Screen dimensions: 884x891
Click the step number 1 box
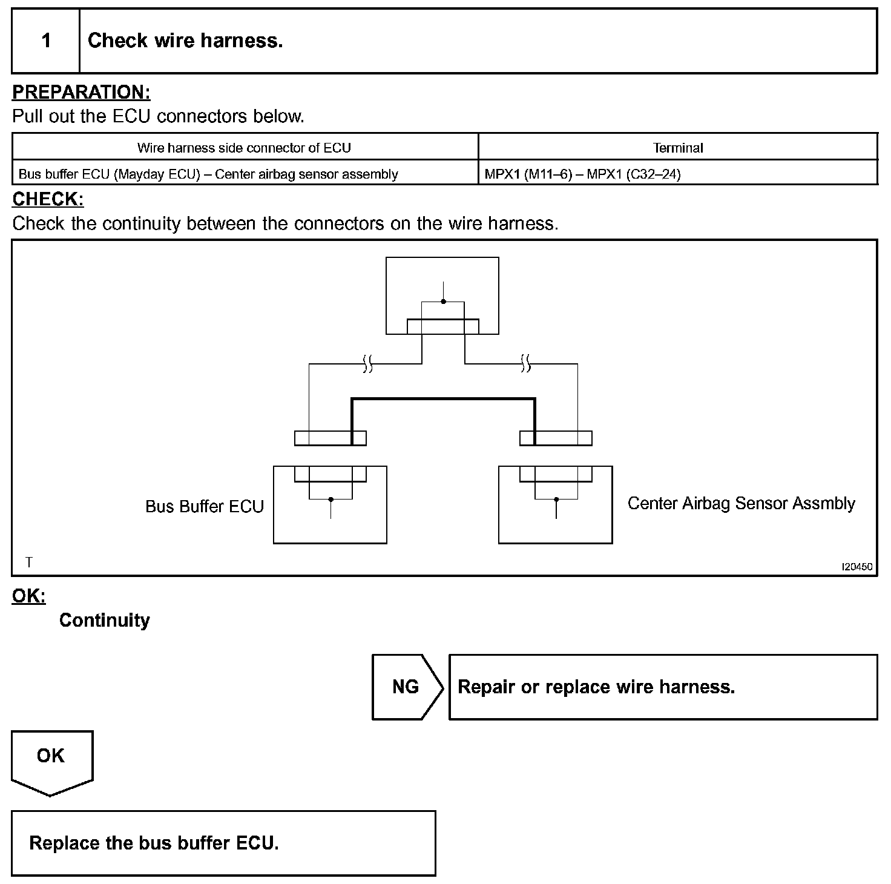pyautogui.click(x=46, y=41)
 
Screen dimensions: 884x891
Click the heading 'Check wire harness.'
pyautogui.click(x=185, y=41)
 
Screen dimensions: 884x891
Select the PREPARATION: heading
pyautogui.click(x=81, y=92)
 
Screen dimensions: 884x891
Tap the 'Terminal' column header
pyautogui.click(x=677, y=148)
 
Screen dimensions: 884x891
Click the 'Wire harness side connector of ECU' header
pyautogui.click(x=244, y=148)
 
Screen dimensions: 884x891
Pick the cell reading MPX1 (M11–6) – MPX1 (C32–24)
pyautogui.click(x=582, y=174)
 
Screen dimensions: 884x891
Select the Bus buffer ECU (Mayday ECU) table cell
pyautogui.click(x=208, y=174)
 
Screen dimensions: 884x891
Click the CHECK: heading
pyautogui.click(x=48, y=199)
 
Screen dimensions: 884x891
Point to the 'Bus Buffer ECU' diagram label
pyautogui.click(x=205, y=506)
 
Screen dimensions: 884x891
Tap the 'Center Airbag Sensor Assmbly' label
pyautogui.click(x=741, y=503)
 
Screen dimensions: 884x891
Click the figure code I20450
pyautogui.click(x=857, y=567)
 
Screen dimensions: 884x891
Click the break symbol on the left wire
pyautogui.click(x=367, y=364)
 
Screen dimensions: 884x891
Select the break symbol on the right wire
pyautogui.click(x=526, y=364)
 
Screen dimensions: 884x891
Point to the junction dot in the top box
pyautogui.click(x=443, y=302)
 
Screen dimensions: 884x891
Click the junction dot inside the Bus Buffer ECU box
pyautogui.click(x=330, y=500)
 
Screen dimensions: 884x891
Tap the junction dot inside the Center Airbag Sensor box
pyautogui.click(x=556, y=500)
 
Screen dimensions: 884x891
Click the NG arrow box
pyautogui.click(x=406, y=687)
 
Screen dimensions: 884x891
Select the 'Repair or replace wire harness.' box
pyautogui.click(x=662, y=687)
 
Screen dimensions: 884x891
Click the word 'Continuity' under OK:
pyautogui.click(x=104, y=620)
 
